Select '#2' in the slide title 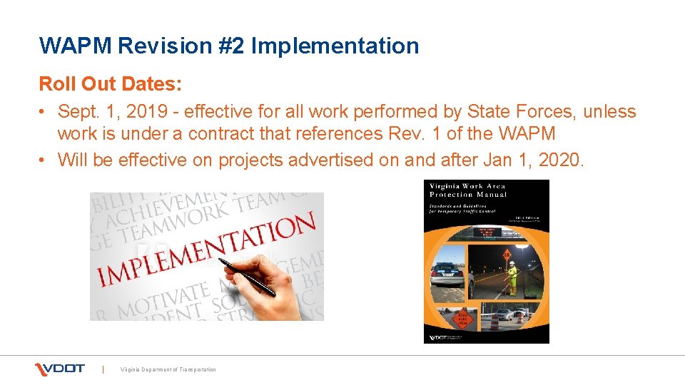point(233,46)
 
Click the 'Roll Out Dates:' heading point(111,84)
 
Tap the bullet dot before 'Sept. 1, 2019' point(44,113)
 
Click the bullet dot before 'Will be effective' point(44,160)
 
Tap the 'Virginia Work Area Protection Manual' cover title point(467,190)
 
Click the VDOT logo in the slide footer point(61,369)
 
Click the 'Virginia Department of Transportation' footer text point(168,369)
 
